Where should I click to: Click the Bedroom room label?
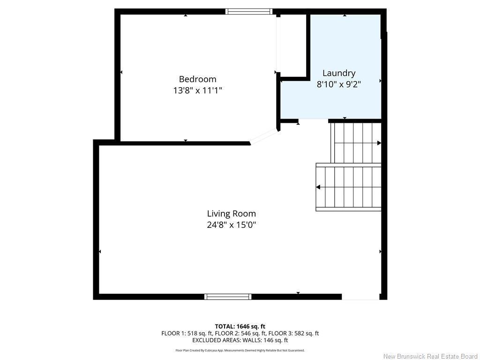pos(197,79)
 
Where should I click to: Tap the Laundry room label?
pos(338,73)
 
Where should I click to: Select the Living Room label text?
pos(232,214)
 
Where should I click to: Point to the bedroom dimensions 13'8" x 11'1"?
pos(197,90)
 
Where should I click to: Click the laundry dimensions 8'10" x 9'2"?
pos(338,84)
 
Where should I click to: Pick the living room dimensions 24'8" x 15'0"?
pos(232,225)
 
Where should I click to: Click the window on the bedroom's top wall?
pos(248,12)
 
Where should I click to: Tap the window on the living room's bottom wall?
pos(228,297)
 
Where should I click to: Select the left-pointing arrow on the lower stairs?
pos(318,187)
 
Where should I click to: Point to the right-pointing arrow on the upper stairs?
pos(379,143)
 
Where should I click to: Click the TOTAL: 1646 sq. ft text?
pos(240,326)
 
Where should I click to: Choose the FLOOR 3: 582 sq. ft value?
pos(293,333)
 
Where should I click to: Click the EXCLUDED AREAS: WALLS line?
pos(240,340)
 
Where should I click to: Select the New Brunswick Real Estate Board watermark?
pos(430,356)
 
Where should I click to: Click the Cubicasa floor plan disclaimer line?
pos(240,350)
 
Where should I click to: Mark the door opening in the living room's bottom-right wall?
pos(360,297)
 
